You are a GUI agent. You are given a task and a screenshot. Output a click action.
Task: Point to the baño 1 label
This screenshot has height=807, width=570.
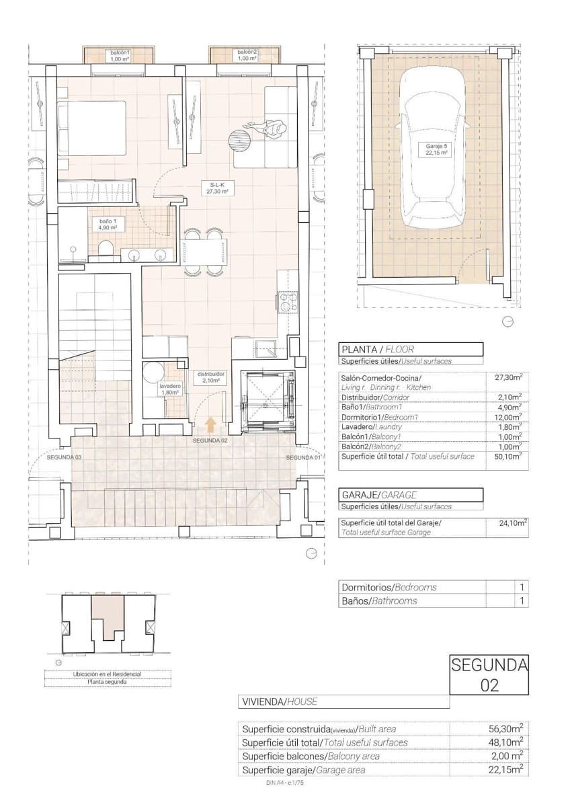[x=108, y=225]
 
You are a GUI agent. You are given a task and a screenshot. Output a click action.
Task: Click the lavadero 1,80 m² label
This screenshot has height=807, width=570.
[x=169, y=389]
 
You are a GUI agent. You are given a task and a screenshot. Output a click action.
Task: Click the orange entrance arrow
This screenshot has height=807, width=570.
[x=210, y=424]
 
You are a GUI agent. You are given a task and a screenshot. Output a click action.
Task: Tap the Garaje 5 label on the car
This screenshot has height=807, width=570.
[x=436, y=149]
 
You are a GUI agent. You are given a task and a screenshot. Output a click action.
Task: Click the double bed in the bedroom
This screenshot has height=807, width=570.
[x=92, y=127]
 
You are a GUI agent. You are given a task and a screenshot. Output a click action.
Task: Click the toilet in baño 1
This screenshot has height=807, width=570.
[x=105, y=252]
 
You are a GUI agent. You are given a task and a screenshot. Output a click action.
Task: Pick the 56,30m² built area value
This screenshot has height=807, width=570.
[x=505, y=729]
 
